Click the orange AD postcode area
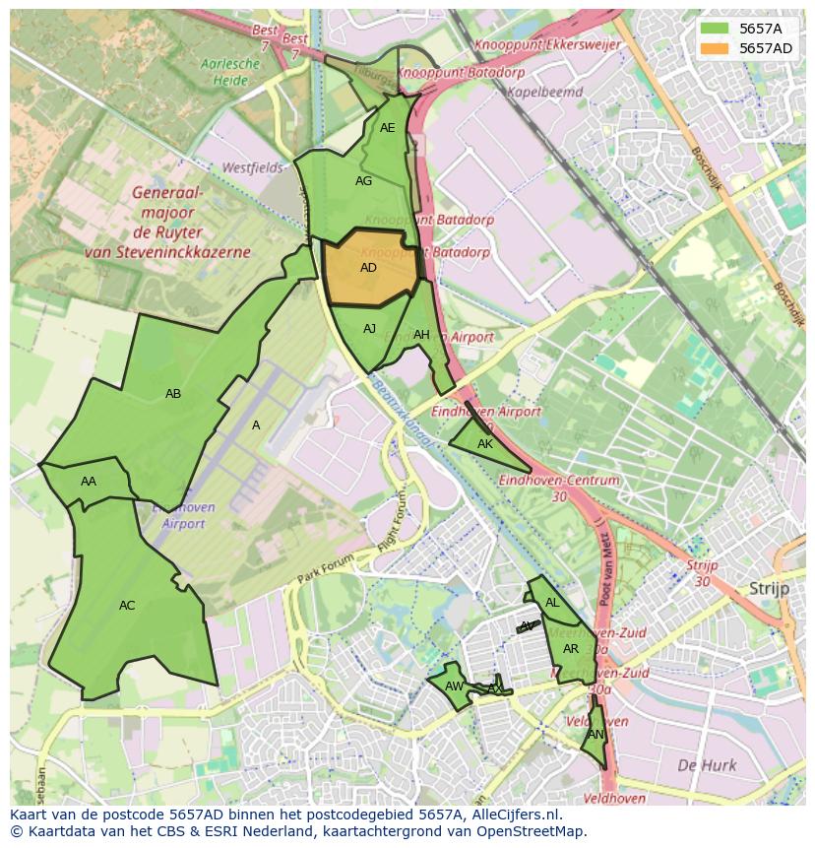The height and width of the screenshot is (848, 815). click(368, 267)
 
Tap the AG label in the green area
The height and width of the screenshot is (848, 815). click(363, 181)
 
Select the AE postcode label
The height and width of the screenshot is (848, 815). click(387, 128)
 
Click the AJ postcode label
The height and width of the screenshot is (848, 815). click(369, 329)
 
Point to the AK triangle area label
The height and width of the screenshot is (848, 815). click(484, 444)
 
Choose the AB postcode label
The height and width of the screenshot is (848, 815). click(173, 394)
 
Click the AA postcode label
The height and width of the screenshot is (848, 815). click(89, 482)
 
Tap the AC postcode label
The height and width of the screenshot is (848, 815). click(127, 606)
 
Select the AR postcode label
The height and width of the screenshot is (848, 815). click(571, 649)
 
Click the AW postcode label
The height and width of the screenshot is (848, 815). click(454, 686)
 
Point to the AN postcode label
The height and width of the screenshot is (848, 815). click(596, 735)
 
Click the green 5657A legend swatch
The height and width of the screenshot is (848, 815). click(716, 29)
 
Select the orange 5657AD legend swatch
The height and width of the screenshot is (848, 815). click(716, 48)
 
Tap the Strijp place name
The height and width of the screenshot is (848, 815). click(770, 588)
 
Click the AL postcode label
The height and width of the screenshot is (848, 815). click(552, 603)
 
